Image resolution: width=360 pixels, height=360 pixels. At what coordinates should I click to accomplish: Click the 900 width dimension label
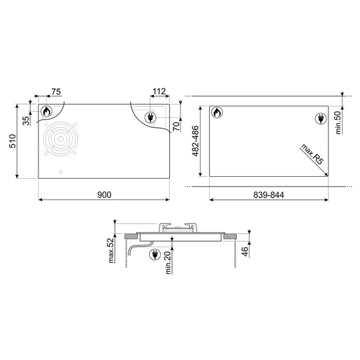tap(104, 194)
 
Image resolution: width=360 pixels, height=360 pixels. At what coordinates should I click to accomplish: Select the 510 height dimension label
tap(13, 141)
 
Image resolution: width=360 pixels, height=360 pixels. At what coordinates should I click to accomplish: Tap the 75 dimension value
tap(56, 92)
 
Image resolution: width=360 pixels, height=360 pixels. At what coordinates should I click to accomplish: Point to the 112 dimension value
tap(159, 92)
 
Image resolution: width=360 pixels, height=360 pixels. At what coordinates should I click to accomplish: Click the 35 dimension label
tap(27, 121)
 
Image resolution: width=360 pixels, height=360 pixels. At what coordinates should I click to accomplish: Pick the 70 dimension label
tap(176, 126)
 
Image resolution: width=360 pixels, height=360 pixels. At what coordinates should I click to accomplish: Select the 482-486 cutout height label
tap(195, 141)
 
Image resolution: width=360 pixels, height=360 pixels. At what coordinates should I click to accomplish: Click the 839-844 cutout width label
tap(268, 194)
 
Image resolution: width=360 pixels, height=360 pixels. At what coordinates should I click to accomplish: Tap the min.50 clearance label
tap(338, 122)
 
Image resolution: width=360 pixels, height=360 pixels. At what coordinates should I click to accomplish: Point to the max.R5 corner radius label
tap(312, 154)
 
